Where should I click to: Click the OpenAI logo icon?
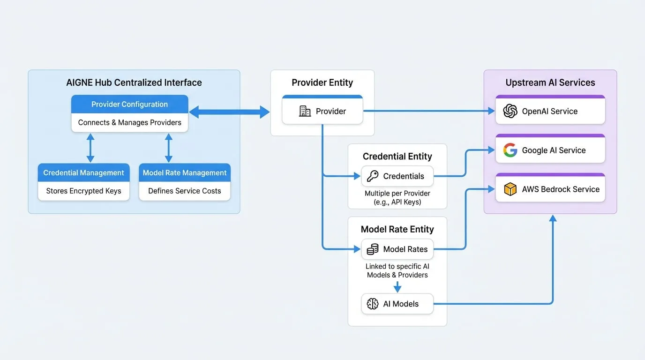pyautogui.click(x=510, y=111)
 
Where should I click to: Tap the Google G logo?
pyautogui.click(x=510, y=150)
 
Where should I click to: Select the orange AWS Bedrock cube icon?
pyautogui.click(x=510, y=189)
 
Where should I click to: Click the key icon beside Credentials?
pyautogui.click(x=373, y=176)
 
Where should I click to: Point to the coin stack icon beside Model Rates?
pyautogui.click(x=373, y=249)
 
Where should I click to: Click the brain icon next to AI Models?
pyautogui.click(x=373, y=304)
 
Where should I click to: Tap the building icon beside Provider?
pyautogui.click(x=305, y=111)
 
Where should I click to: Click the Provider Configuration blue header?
pyautogui.click(x=129, y=104)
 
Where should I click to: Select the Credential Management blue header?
pyautogui.click(x=83, y=172)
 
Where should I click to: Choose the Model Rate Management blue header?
pyautogui.click(x=185, y=172)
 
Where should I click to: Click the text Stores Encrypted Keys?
pyautogui.click(x=83, y=191)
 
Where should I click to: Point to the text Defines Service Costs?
pyautogui.click(x=185, y=191)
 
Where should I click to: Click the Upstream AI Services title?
pyautogui.click(x=550, y=82)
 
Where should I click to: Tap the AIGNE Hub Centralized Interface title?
pyautogui.click(x=134, y=82)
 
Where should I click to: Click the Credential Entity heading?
pyautogui.click(x=397, y=157)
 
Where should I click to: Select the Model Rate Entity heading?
pyautogui.click(x=397, y=229)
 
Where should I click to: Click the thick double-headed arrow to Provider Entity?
pyautogui.click(x=230, y=112)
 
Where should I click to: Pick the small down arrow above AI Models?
pyautogui.click(x=397, y=287)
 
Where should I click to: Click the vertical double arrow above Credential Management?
pyautogui.click(x=90, y=148)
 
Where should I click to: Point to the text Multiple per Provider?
pyautogui.click(x=397, y=193)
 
